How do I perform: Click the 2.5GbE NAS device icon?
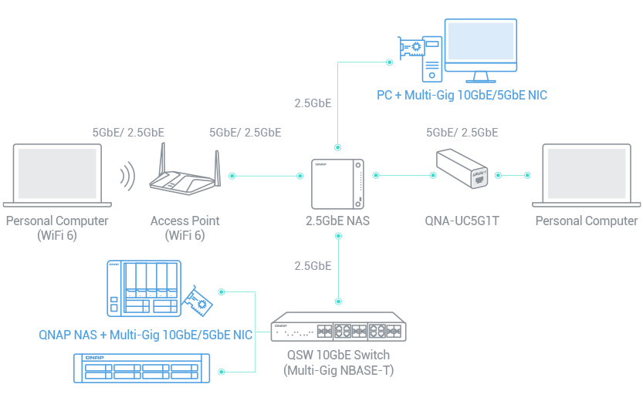(x=337, y=184)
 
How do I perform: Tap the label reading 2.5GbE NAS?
(x=337, y=221)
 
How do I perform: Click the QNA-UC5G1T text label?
(x=462, y=221)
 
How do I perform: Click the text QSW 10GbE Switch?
(x=338, y=356)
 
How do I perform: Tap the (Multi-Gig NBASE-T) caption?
(x=338, y=370)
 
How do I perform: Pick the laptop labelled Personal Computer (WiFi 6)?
(x=58, y=175)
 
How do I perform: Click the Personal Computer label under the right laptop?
(x=587, y=221)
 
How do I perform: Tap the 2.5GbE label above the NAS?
(x=313, y=103)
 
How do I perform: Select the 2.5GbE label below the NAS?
(x=313, y=266)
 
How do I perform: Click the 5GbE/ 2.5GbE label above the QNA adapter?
(x=462, y=133)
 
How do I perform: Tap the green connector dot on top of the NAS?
(x=337, y=147)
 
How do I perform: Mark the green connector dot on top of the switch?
(x=337, y=300)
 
